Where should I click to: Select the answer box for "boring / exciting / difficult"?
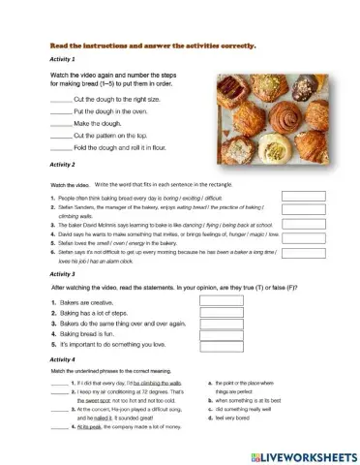click(302, 197)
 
